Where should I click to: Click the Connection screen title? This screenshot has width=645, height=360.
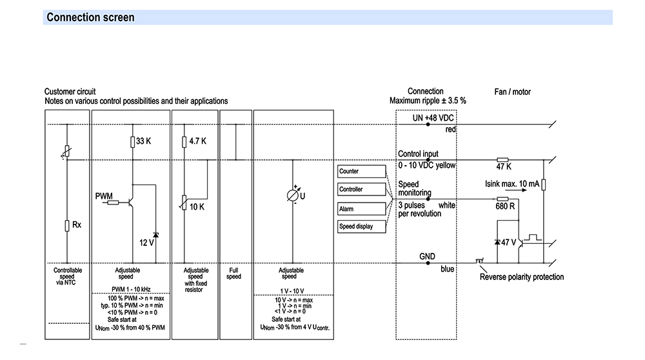tap(90, 17)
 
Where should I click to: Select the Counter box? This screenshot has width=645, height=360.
tap(362, 171)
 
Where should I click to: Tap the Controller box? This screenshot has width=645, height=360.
tap(362, 189)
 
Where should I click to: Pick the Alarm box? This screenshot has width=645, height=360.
tap(362, 208)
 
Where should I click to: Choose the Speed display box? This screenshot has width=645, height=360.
tap(362, 226)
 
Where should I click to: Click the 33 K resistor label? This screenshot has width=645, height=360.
tap(144, 141)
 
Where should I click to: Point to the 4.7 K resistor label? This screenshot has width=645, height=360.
tap(198, 141)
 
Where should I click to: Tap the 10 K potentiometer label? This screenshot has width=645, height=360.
tap(197, 207)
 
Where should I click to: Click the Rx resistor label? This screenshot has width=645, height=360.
tap(77, 225)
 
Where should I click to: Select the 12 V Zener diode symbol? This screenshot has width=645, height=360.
tap(155, 235)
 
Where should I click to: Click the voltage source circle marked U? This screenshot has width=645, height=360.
tap(292, 195)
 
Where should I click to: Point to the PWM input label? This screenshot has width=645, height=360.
tap(104, 196)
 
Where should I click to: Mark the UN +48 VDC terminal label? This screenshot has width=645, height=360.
tap(433, 118)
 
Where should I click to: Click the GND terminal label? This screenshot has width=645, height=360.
tap(428, 256)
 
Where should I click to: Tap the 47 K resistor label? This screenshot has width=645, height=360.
tap(504, 166)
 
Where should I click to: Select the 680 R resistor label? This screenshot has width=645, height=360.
tap(505, 206)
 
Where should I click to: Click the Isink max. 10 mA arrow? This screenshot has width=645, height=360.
tap(516, 190)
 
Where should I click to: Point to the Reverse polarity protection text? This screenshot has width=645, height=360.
tap(522, 277)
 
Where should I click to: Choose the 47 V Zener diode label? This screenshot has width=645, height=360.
tap(508, 243)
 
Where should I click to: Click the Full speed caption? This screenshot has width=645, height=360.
tap(233, 274)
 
